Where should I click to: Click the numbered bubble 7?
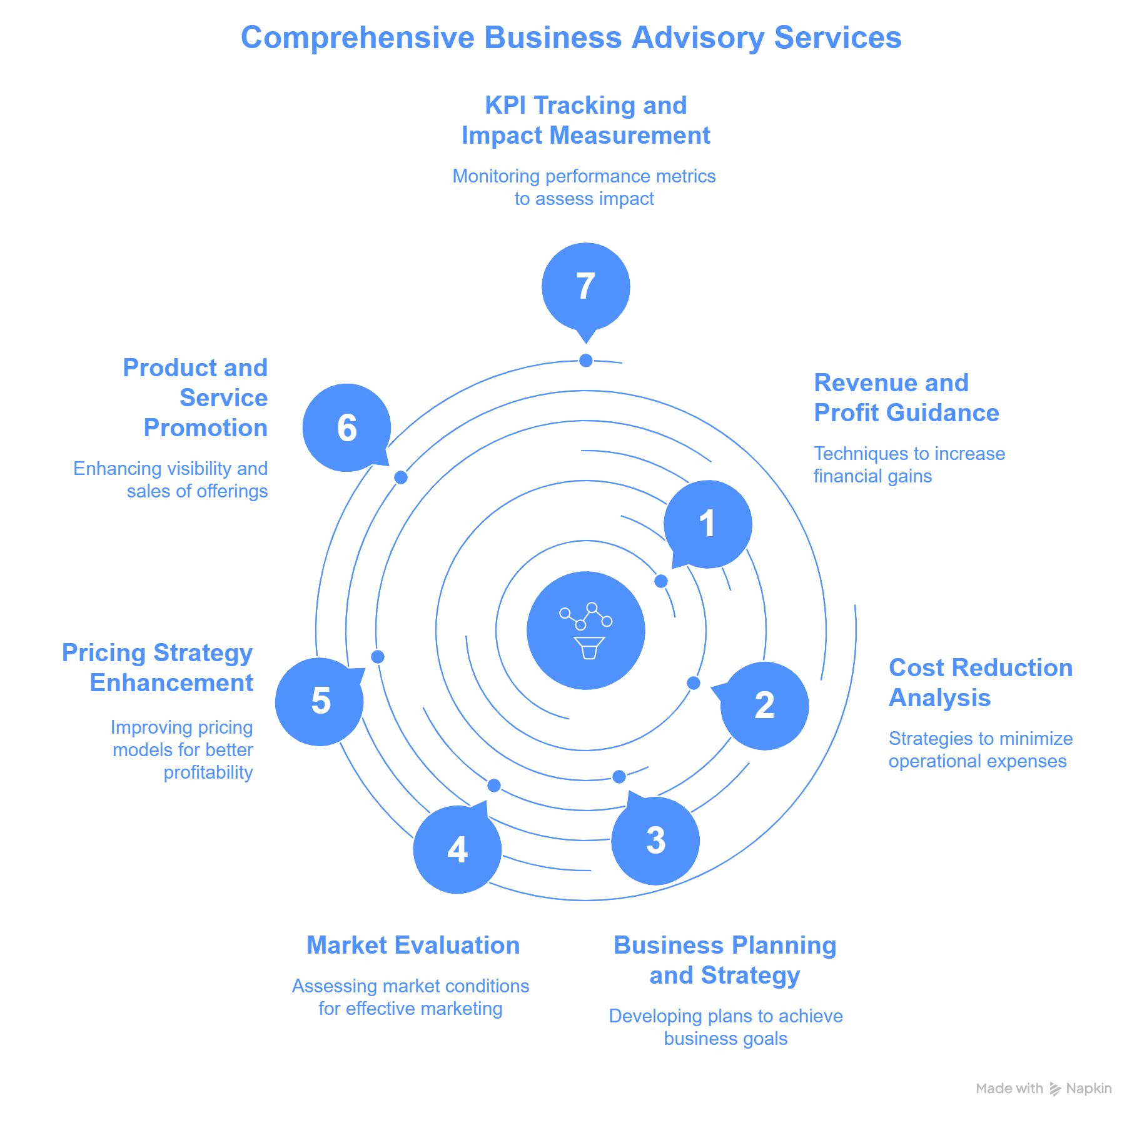point(585,287)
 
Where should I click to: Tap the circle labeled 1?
point(707,524)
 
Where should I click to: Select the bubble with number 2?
point(764,706)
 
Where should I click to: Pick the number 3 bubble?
point(655,841)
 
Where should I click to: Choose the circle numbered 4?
point(457,850)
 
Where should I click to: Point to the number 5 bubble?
point(320,701)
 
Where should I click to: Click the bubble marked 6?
point(346,427)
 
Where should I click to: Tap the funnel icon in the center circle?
point(589,647)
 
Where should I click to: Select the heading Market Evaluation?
point(413,945)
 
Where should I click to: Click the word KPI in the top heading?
point(505,106)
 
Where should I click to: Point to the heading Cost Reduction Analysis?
point(980,682)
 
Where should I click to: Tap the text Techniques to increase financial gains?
point(909,464)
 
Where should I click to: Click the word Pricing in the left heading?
point(103,653)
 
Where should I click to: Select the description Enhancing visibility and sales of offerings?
point(171,479)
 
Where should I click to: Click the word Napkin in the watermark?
point(1088,1089)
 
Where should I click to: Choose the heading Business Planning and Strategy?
point(725,960)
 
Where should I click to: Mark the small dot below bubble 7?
point(586,361)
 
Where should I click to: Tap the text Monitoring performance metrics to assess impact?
point(584,187)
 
